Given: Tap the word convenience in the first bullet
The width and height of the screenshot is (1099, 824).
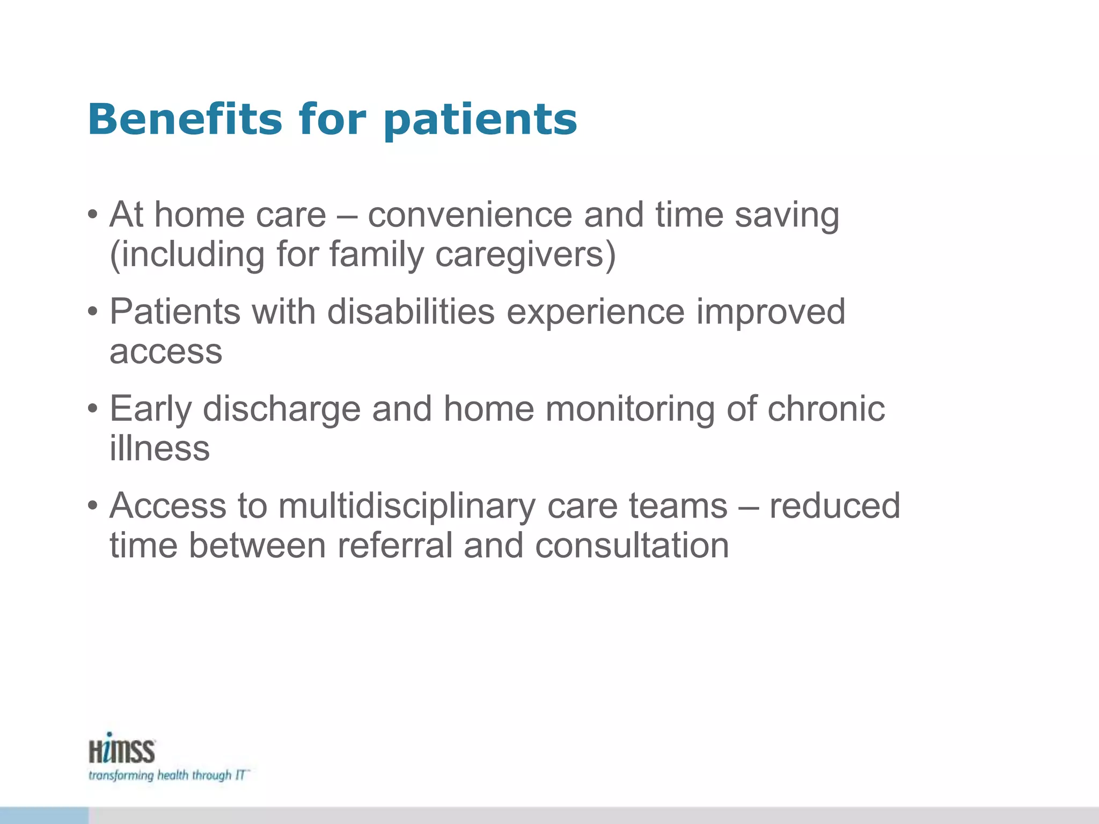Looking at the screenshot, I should (x=470, y=215).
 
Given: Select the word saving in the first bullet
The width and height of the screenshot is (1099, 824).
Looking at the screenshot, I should (x=787, y=216).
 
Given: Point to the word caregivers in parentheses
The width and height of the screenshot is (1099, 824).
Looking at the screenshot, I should (x=525, y=255).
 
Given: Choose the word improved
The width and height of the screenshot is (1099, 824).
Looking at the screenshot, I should (x=771, y=313).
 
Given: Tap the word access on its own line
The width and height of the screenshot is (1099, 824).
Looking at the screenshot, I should (x=166, y=353).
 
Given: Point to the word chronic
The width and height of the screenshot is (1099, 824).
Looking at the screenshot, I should (x=826, y=409).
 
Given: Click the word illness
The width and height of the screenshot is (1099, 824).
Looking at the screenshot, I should (x=159, y=448).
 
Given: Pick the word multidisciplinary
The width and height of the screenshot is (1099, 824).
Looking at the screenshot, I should (x=406, y=507).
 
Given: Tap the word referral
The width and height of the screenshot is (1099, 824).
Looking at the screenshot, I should (x=395, y=546).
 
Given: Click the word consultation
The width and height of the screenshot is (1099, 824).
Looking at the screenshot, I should (x=632, y=546).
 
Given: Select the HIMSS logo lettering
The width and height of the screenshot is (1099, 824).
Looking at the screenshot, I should (x=122, y=749).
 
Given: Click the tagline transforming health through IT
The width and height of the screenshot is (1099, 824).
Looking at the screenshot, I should (x=168, y=776).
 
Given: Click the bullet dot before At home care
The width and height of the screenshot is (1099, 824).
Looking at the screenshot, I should (x=93, y=216).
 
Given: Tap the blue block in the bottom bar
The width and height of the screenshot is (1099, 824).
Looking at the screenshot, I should (x=44, y=815).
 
